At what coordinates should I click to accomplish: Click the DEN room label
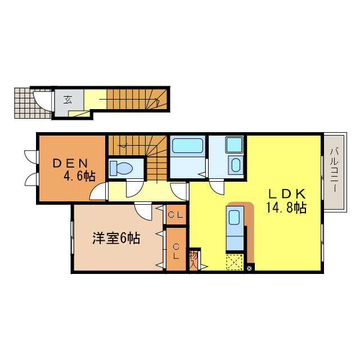pyautogui.click(x=71, y=164)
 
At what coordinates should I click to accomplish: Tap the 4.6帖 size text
pyautogui.click(x=79, y=176)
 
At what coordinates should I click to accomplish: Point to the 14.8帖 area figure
pyautogui.click(x=286, y=208)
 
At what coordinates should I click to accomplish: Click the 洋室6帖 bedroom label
pyautogui.click(x=116, y=238)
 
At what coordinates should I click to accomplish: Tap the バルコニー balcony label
pyautogui.click(x=334, y=170)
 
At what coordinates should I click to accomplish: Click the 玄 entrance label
pyautogui.click(x=67, y=100)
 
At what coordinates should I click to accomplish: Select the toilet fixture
pyautogui.click(x=120, y=168)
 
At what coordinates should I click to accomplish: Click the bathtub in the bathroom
pyautogui.click(x=188, y=146)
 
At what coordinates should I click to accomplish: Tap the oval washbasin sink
pyautogui.click(x=236, y=165)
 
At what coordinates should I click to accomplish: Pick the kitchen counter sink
pyautogui.click(x=235, y=217)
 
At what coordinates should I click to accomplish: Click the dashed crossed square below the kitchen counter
pyautogui.click(x=235, y=262)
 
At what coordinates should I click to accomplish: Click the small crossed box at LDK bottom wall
pyautogui.click(x=250, y=268)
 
